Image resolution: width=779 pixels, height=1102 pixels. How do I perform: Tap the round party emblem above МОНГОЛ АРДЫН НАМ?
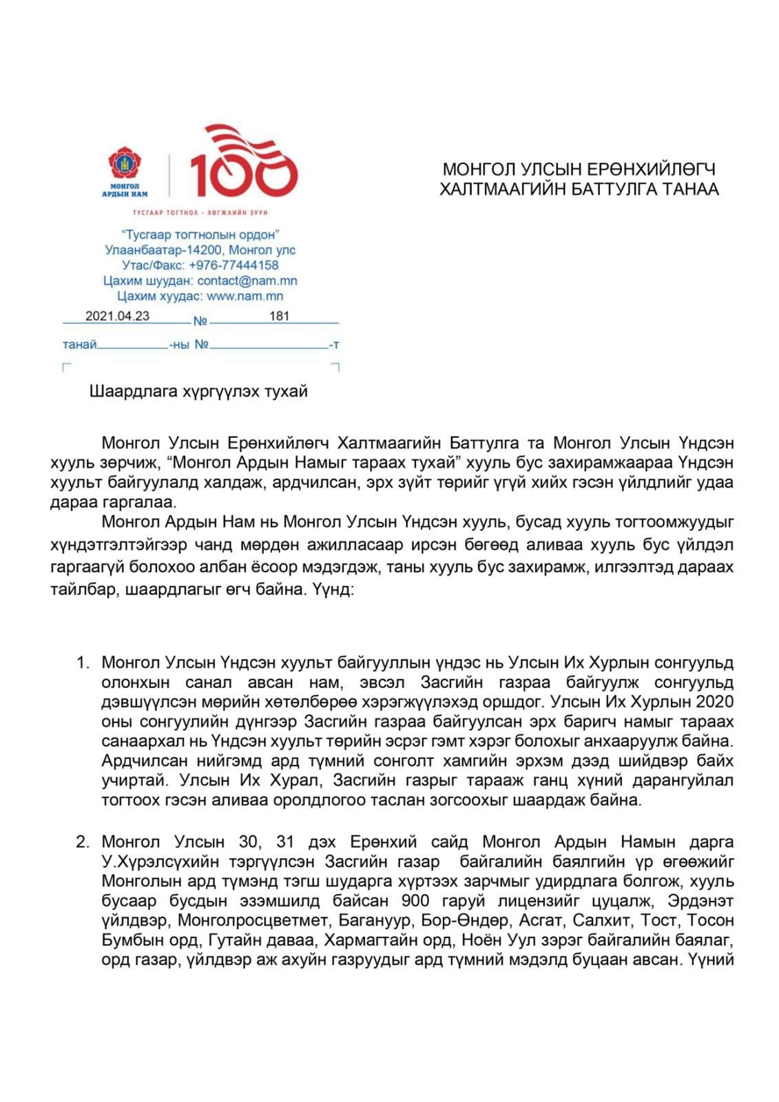pyautogui.click(x=125, y=163)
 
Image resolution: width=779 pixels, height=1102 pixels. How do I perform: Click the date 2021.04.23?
pyautogui.click(x=117, y=316)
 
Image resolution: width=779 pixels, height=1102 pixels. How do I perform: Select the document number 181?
pyautogui.click(x=279, y=316)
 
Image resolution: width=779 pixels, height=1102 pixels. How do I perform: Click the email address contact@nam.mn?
pyautogui.click(x=247, y=281)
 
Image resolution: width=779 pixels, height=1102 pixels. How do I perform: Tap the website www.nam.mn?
pyautogui.click(x=245, y=296)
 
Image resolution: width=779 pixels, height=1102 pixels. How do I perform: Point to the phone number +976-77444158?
pyautogui.click(x=233, y=265)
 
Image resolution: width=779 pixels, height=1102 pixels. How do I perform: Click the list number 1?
pyautogui.click(x=83, y=663)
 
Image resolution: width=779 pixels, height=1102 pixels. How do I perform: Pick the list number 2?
pyautogui.click(x=83, y=842)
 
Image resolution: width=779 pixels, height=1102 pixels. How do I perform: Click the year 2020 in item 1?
pyautogui.click(x=714, y=702)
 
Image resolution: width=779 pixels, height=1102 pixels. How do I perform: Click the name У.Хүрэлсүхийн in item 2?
pyautogui.click(x=161, y=862)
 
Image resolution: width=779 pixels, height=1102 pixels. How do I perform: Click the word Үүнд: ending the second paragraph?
pyautogui.click(x=333, y=590)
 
